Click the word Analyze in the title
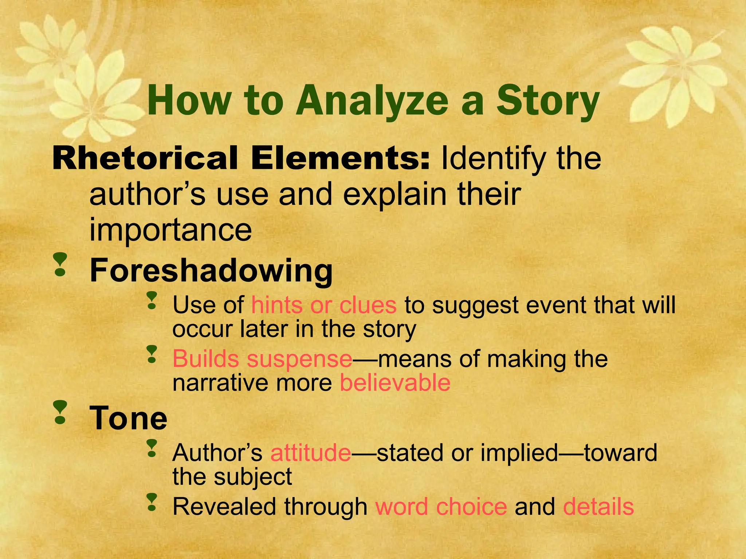[372, 100]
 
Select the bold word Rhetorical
[145, 158]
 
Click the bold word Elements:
[340, 158]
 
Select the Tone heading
[129, 418]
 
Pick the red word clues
[368, 305]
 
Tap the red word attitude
[311, 452]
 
